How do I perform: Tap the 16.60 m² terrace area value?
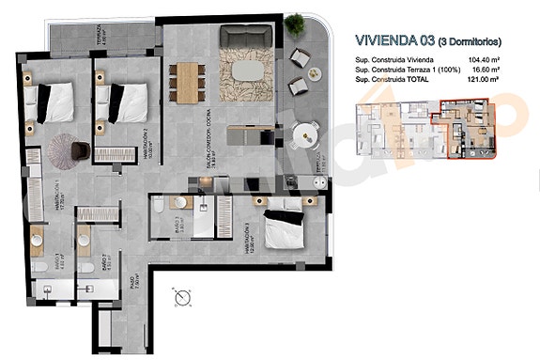click(x=507, y=70)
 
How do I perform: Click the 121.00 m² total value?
click(x=507, y=81)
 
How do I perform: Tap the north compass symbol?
click(x=182, y=300)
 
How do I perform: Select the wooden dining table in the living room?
click(x=190, y=81)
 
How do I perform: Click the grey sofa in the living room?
click(x=246, y=37)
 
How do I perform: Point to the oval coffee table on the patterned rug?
click(x=247, y=71)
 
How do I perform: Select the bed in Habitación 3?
click(x=283, y=227)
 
